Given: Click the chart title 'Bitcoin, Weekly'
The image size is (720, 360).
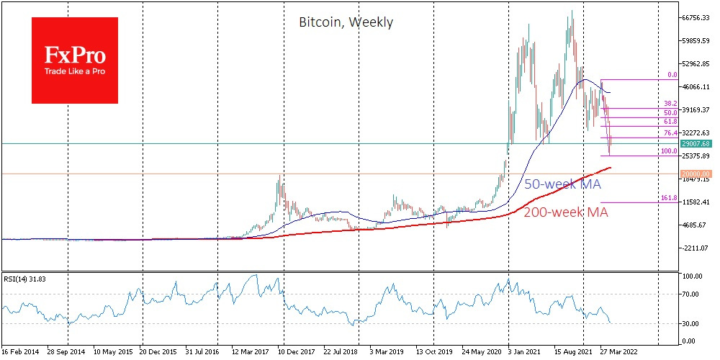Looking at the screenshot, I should pyautogui.click(x=346, y=22).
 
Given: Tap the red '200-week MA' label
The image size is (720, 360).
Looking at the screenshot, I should pyautogui.click(x=566, y=212).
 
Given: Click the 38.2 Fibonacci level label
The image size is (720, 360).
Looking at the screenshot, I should pyautogui.click(x=670, y=103).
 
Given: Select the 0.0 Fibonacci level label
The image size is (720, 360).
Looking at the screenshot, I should pyautogui.click(x=672, y=74).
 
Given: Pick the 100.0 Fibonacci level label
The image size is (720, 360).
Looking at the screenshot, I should pyautogui.click(x=669, y=151).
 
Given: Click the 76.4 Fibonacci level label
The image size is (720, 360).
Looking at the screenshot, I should pyautogui.click(x=670, y=132).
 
